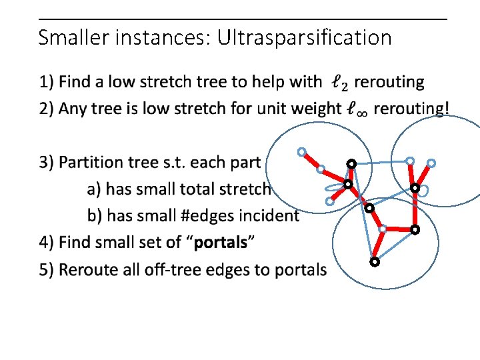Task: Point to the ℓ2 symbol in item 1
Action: [x=339, y=83]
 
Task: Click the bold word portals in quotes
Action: [x=221, y=242]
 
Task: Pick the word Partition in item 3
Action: [x=92, y=162]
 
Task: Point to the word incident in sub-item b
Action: [x=271, y=215]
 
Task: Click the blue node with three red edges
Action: [x=382, y=229]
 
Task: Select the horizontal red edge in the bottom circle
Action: [x=398, y=229]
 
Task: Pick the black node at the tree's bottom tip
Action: [x=375, y=262]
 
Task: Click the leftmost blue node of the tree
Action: [x=301, y=152]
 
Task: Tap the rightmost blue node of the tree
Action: [x=431, y=163]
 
